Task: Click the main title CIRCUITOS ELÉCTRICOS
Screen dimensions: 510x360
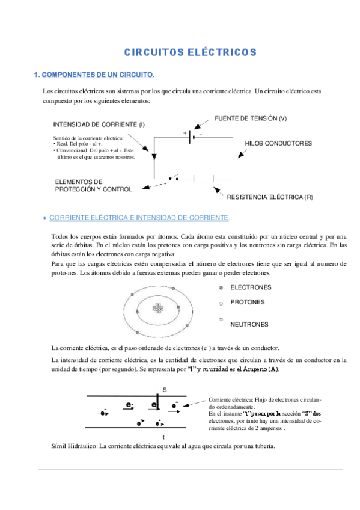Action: [190, 52]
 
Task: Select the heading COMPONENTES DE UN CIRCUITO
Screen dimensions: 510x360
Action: [97, 75]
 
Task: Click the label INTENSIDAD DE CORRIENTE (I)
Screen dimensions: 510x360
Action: [99, 124]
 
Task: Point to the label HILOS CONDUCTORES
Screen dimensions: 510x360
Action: [278, 143]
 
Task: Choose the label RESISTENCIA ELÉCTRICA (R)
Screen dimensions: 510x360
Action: [269, 197]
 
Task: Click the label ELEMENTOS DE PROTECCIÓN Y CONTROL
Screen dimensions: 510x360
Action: [93, 185]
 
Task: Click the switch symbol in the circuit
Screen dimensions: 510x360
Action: [174, 179]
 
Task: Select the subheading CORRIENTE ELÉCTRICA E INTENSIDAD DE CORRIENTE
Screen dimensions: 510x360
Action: [139, 217]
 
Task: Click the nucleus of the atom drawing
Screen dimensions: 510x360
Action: [158, 308]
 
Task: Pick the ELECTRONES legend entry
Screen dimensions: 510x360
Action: [251, 287]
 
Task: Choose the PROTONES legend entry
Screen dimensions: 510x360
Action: [247, 302]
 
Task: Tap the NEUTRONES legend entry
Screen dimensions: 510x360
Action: [249, 324]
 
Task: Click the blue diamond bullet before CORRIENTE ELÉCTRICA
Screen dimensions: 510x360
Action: [44, 217]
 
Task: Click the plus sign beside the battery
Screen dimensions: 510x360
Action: [185, 132]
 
